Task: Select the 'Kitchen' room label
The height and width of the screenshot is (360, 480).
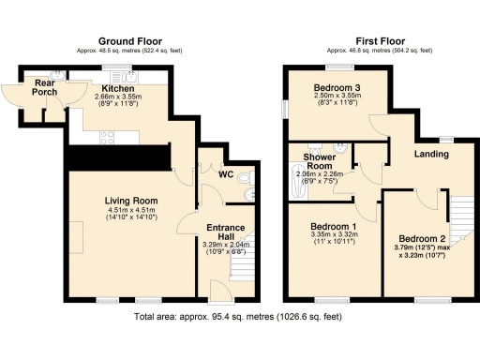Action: pyautogui.click(x=118, y=88)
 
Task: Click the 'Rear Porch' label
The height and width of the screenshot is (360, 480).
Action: pyautogui.click(x=39, y=87)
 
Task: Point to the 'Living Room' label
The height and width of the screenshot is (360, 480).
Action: pyautogui.click(x=130, y=201)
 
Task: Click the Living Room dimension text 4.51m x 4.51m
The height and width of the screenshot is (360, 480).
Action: pyautogui.click(x=130, y=211)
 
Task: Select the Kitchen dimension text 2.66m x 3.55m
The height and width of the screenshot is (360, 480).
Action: pyautogui.click(x=118, y=97)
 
